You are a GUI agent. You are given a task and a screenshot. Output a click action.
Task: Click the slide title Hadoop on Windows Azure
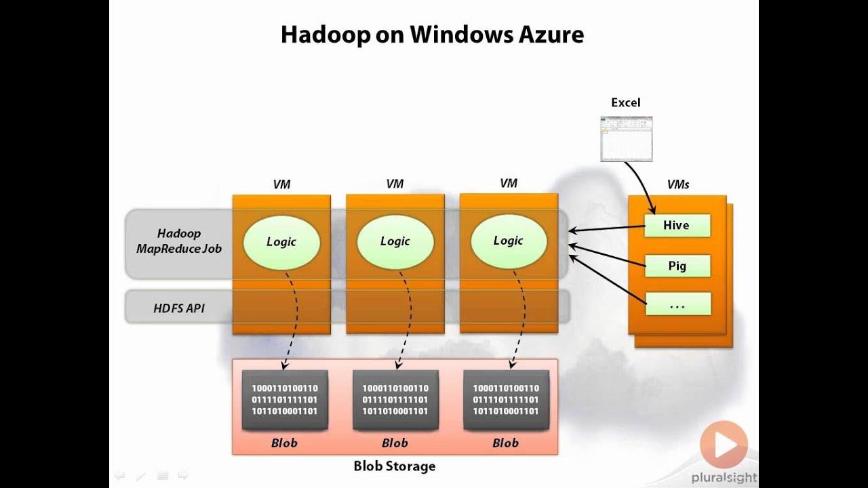[432, 35]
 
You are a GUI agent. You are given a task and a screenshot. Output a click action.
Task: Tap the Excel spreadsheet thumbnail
[626, 139]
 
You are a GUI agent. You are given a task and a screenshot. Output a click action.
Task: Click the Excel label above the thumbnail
[625, 102]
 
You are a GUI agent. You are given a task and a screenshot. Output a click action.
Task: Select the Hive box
[676, 226]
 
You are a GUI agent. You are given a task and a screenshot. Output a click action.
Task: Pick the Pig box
[677, 266]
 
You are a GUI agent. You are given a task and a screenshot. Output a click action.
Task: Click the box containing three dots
[677, 304]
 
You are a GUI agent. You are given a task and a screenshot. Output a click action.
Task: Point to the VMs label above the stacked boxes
[677, 184]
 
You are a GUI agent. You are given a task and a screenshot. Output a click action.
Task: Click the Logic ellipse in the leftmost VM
[281, 242]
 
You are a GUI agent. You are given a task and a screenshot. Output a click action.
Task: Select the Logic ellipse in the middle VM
[395, 241]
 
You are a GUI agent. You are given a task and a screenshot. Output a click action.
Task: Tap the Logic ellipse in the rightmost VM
[508, 241]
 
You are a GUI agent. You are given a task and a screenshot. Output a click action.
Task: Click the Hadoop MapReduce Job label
[179, 241]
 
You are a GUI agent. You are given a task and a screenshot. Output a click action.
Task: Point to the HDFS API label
[179, 308]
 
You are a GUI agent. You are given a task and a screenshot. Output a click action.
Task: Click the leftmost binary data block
[285, 400]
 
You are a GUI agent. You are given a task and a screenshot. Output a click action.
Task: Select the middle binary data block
[395, 400]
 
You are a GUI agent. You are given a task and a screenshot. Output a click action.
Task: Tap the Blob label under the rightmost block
[505, 443]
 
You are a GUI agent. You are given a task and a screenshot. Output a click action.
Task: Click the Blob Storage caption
[395, 466]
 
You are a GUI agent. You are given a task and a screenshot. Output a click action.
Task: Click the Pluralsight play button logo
[724, 445]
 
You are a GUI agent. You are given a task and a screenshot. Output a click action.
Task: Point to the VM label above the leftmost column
[281, 184]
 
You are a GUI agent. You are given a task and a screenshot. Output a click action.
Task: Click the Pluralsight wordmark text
[724, 478]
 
